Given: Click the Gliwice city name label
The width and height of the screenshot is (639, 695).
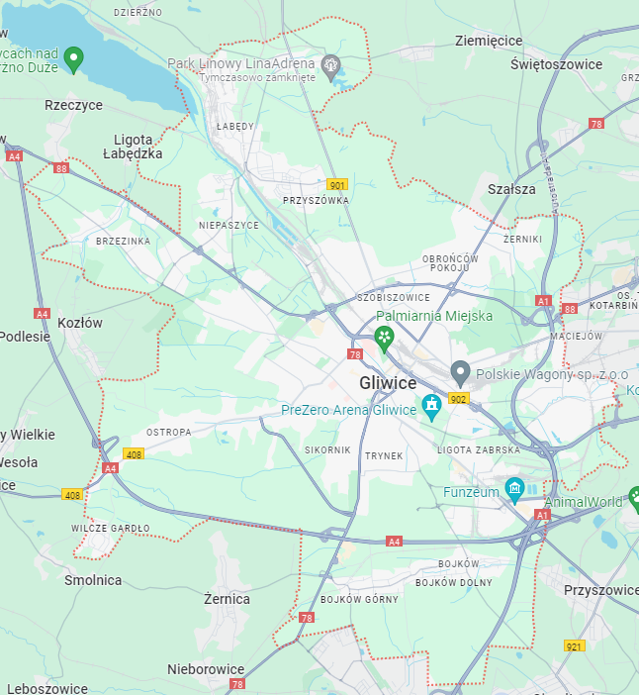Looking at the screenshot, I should [x=388, y=384].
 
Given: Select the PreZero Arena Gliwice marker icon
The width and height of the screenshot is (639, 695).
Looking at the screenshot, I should [x=431, y=407].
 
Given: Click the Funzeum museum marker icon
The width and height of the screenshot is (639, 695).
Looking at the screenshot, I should [x=513, y=489].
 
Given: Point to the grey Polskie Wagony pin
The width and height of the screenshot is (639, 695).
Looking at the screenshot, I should [x=460, y=373].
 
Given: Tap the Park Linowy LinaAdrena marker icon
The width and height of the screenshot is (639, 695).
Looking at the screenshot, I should [x=331, y=65].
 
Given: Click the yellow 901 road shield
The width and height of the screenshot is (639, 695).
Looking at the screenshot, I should [x=338, y=185].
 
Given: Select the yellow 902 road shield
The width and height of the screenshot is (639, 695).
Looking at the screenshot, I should [x=457, y=398].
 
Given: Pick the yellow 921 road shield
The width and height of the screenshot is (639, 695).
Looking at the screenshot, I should [x=575, y=645].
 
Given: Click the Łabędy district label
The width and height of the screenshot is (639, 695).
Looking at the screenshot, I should [x=235, y=127].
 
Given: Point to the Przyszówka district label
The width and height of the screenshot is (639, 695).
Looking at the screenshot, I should [x=317, y=200].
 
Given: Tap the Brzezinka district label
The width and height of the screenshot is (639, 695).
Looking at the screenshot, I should [x=124, y=241].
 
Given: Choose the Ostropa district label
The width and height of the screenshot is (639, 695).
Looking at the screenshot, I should [x=168, y=433].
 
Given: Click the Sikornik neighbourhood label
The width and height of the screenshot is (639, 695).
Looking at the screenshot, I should [x=327, y=450].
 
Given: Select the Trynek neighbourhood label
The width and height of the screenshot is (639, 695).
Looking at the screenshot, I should [x=385, y=456].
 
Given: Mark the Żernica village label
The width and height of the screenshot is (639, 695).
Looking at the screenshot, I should [x=227, y=599].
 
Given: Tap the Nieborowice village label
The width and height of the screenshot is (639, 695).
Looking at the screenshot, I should [x=206, y=669].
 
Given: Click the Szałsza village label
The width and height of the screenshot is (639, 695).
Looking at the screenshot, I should [x=511, y=189].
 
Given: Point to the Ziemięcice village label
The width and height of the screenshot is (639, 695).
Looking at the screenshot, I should [x=489, y=41].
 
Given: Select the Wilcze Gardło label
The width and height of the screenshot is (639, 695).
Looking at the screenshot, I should [x=111, y=529].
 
